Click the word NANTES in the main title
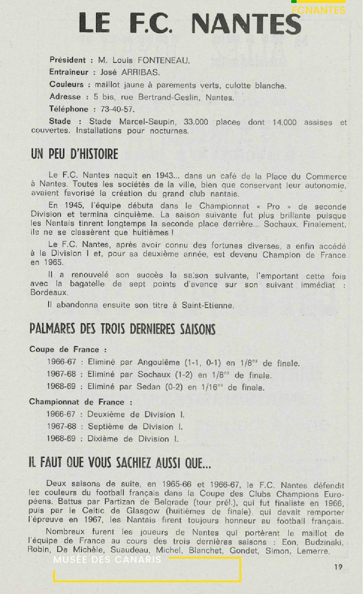tap(246, 24)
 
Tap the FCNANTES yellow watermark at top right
tap(318, 10)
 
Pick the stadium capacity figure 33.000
tap(196, 122)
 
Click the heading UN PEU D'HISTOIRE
tap(74, 154)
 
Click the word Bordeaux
tap(49, 293)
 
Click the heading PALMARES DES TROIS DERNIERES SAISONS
tap(122, 329)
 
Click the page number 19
tap(338, 567)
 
